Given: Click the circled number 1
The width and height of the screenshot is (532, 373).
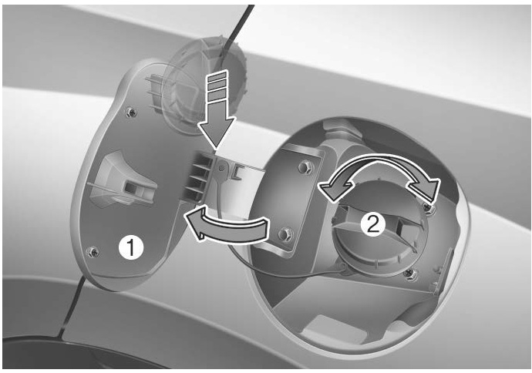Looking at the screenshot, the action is click(x=131, y=248).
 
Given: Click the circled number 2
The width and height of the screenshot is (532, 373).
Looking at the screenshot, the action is click(x=373, y=223).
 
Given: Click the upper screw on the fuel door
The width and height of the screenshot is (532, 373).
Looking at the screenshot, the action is click(x=130, y=111).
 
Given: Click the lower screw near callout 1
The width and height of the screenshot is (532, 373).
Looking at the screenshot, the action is click(x=93, y=251).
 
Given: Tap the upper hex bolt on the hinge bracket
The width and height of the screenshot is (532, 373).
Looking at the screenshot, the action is click(x=306, y=167).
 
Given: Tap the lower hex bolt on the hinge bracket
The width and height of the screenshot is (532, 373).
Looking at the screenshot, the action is click(x=285, y=234).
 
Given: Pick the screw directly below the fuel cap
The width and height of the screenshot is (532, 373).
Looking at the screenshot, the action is click(x=411, y=273).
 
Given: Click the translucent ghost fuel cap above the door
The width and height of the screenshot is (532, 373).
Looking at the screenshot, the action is click(x=204, y=85).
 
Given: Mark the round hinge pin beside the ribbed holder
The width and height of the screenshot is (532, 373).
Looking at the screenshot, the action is click(x=222, y=167).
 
